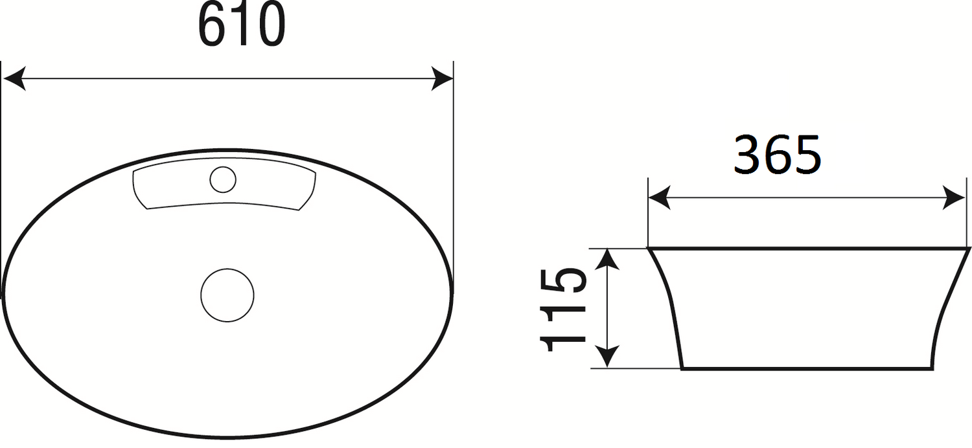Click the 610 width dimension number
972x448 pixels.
[242, 25]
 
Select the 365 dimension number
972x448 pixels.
[777, 155]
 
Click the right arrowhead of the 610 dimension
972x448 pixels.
[442, 79]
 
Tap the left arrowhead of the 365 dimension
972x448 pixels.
[660, 197]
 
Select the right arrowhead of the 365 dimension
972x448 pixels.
[955, 197]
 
